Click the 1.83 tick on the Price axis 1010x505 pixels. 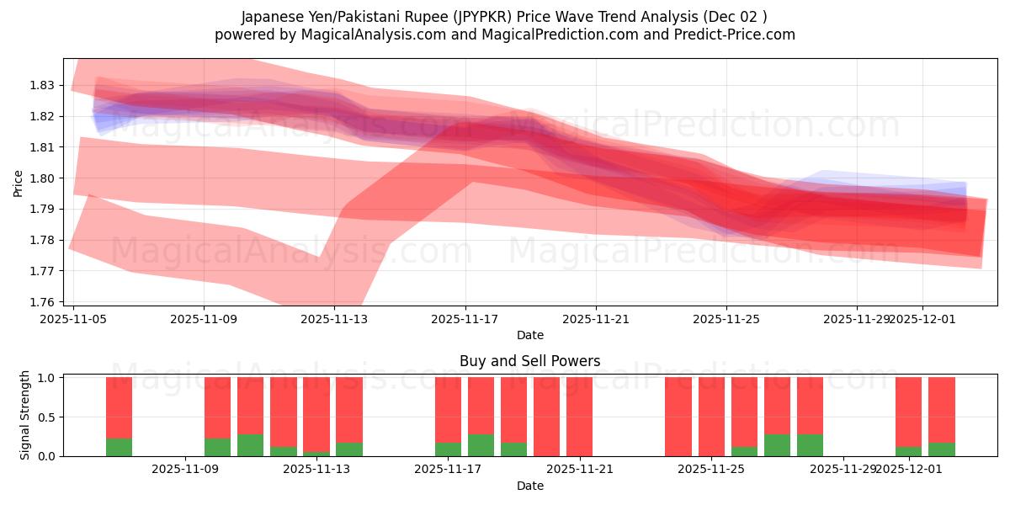click(x=42, y=85)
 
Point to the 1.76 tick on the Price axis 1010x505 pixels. click(x=42, y=301)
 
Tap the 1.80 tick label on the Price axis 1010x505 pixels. click(x=42, y=178)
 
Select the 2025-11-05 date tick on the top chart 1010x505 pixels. click(x=73, y=319)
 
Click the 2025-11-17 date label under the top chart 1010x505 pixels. click(x=465, y=319)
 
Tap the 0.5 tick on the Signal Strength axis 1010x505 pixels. click(x=46, y=417)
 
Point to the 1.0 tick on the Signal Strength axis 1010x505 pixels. click(x=46, y=378)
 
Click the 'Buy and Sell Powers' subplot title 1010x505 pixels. click(x=529, y=361)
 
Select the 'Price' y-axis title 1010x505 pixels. click(x=19, y=182)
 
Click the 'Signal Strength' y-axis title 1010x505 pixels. click(x=25, y=415)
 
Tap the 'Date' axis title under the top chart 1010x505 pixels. click(x=529, y=335)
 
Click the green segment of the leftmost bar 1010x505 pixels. click(x=119, y=447)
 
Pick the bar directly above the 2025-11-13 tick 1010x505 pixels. click(x=316, y=417)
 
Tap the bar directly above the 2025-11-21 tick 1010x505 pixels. click(x=579, y=417)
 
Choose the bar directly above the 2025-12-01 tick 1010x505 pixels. click(x=908, y=417)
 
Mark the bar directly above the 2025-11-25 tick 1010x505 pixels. click(x=711, y=417)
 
